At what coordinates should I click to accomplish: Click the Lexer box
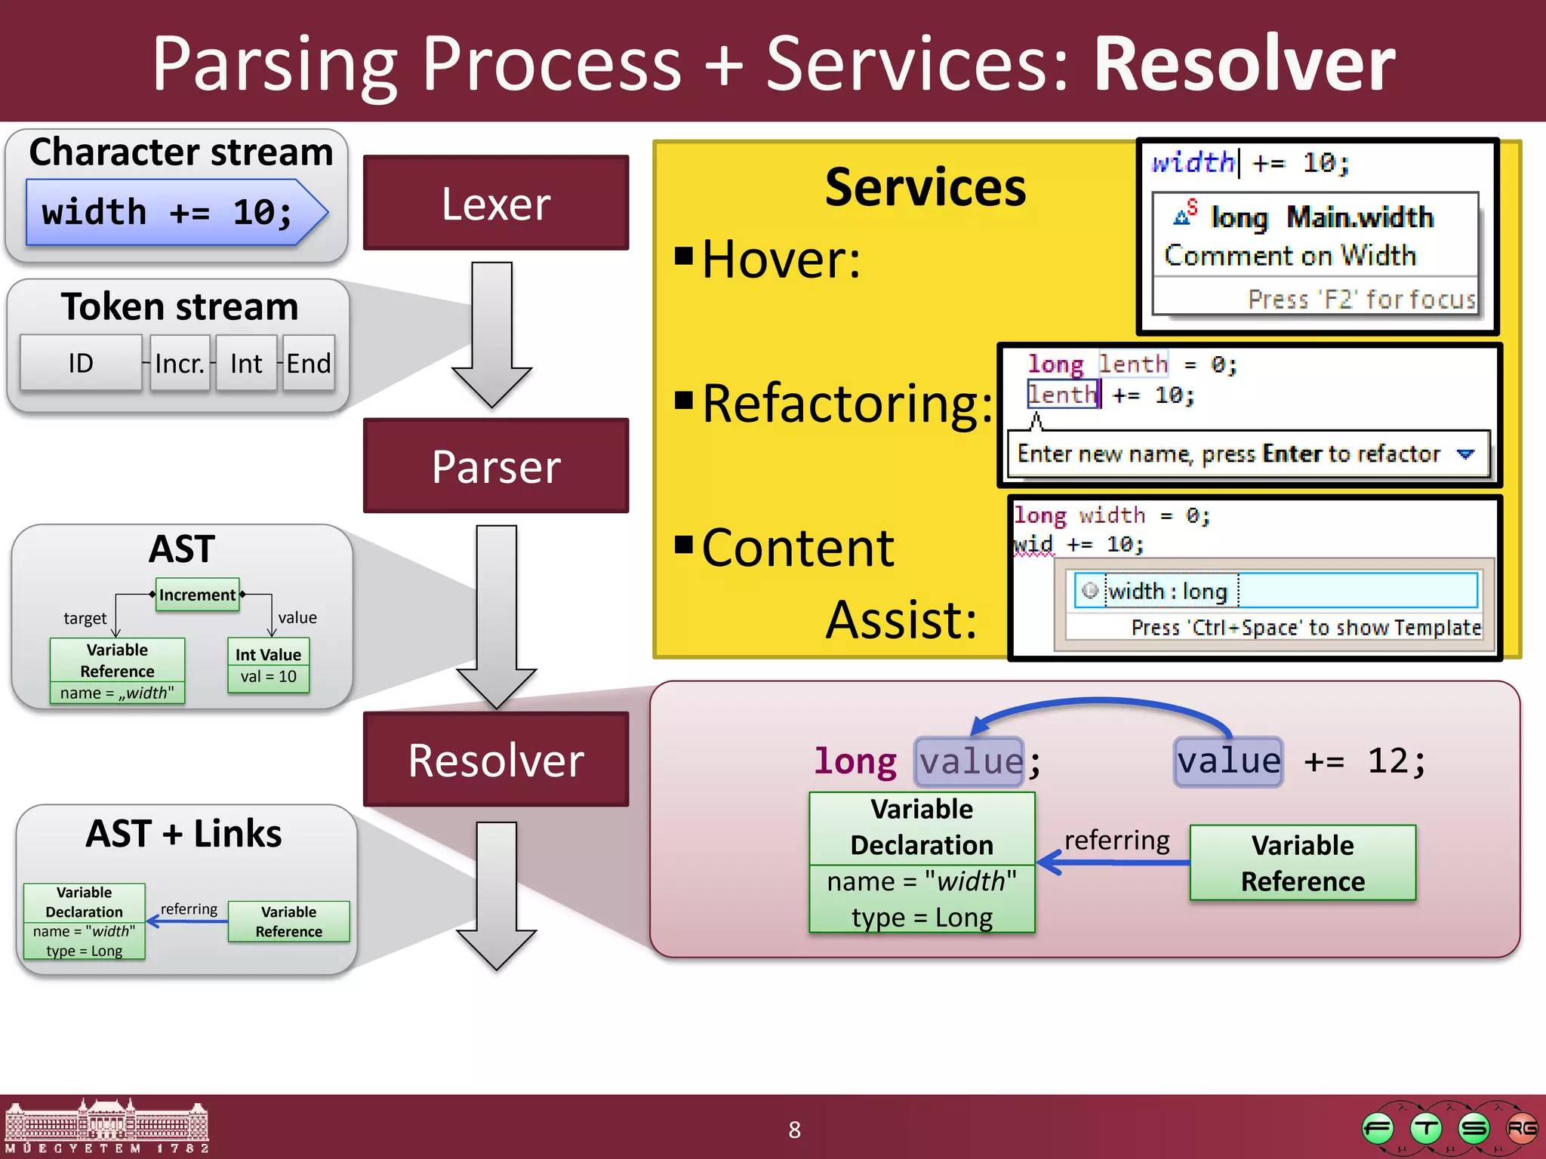(495, 203)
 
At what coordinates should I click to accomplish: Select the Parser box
(495, 466)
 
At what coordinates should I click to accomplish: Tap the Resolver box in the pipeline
(495, 759)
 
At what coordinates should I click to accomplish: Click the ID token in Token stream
(81, 363)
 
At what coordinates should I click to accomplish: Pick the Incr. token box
(180, 364)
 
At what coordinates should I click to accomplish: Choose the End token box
(308, 364)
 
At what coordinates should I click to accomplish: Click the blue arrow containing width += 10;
(174, 212)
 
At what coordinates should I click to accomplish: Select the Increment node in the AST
(197, 595)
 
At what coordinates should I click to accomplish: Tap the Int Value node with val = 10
(268, 665)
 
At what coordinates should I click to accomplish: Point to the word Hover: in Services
(781, 260)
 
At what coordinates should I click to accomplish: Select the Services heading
(925, 187)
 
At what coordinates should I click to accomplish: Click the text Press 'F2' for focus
(1361, 300)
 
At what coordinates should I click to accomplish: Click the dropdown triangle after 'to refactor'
(1465, 454)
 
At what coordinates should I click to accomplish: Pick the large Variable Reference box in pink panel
(1302, 862)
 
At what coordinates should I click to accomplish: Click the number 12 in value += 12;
(1387, 761)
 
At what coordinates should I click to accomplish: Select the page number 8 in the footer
(794, 1130)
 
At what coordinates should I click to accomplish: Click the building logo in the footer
(106, 1127)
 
